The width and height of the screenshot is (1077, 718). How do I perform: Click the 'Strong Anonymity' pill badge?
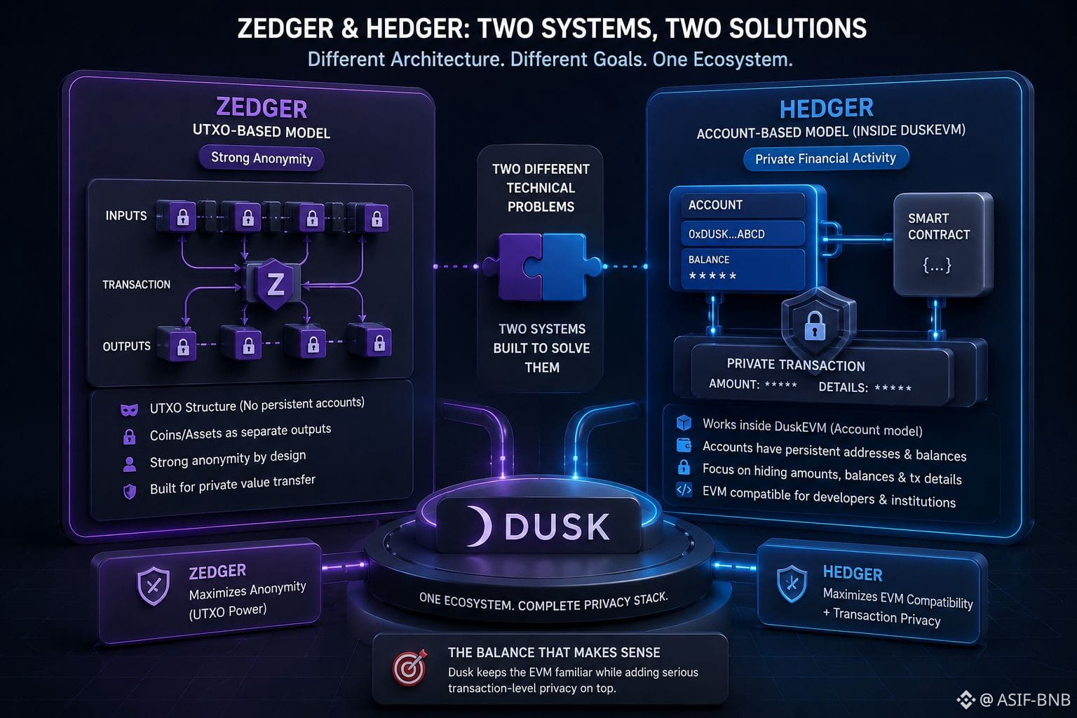[262, 158]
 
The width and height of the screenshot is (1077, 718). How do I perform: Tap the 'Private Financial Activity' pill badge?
[825, 158]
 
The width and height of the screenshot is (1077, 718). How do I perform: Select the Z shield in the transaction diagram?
[275, 284]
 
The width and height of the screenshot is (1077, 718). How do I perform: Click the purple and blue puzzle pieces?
[542, 267]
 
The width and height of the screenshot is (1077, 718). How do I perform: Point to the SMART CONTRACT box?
[943, 244]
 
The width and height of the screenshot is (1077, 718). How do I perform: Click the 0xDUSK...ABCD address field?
[743, 233]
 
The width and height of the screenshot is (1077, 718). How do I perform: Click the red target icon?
[409, 668]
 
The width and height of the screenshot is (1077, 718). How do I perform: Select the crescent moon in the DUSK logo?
[479, 526]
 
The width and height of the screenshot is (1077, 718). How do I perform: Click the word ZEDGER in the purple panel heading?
[262, 108]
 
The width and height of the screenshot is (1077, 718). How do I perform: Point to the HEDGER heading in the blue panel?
[826, 108]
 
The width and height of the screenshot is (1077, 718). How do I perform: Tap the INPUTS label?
[126, 215]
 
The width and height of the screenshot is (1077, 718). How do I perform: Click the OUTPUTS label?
[126, 346]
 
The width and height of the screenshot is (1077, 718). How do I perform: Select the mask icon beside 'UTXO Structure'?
[129, 409]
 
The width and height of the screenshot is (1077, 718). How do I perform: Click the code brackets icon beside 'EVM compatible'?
[684, 490]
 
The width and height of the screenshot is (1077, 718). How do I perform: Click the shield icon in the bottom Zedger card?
[154, 585]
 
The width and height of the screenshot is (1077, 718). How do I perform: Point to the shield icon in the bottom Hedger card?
[792, 584]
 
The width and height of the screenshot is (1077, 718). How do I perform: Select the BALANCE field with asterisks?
[743, 269]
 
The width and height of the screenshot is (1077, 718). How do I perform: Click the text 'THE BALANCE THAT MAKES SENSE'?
[554, 653]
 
